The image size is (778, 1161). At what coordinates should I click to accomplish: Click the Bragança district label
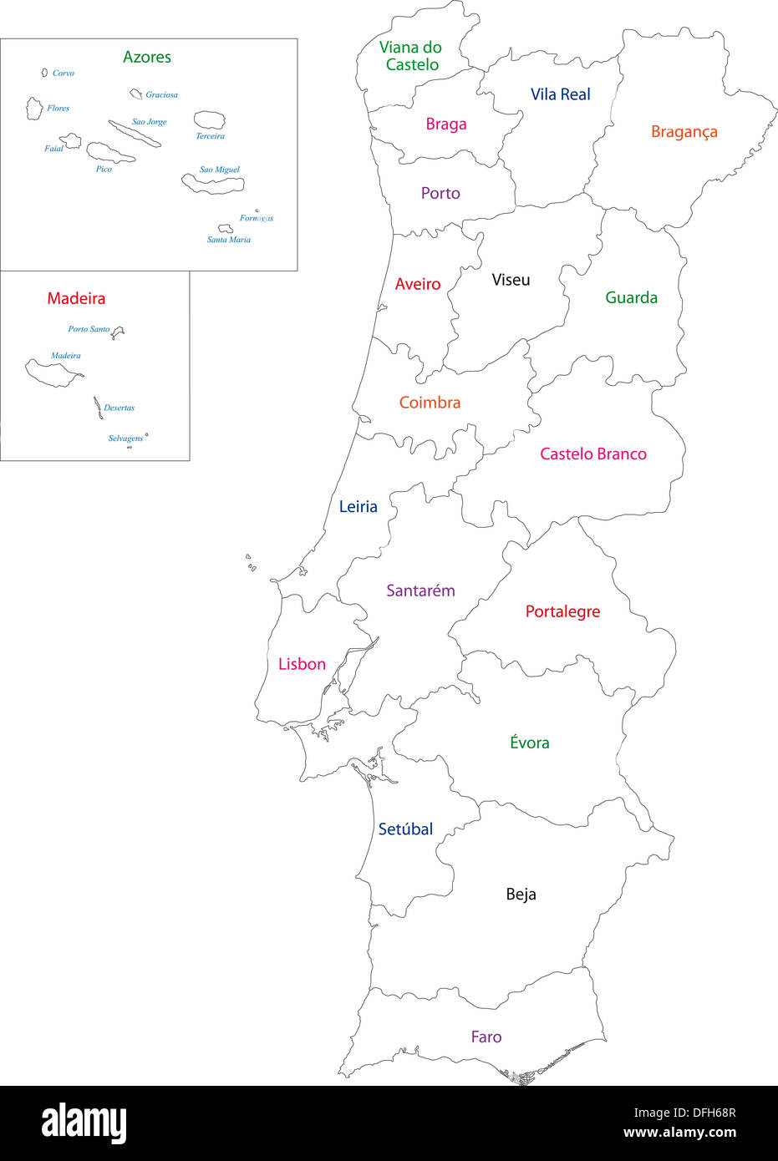tap(684, 132)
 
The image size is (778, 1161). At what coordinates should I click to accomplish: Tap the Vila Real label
tap(560, 95)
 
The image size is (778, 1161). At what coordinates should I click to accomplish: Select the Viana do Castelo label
tap(410, 56)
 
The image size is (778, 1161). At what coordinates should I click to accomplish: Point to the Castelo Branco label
tap(592, 454)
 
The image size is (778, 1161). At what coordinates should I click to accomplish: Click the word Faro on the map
tap(486, 1037)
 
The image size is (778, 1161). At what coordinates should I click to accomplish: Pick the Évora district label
tap(529, 743)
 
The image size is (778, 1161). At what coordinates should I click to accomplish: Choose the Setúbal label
tap(405, 829)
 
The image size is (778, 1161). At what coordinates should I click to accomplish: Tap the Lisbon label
tap(302, 664)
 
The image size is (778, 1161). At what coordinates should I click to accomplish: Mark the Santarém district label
tap(420, 591)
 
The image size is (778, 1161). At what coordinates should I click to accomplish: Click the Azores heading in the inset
tap(147, 57)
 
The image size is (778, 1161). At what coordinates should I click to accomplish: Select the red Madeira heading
tap(76, 298)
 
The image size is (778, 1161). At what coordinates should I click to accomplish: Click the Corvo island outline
tap(45, 73)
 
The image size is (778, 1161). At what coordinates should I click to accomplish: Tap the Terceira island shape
tap(209, 120)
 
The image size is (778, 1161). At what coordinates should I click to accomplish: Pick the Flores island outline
tap(34, 108)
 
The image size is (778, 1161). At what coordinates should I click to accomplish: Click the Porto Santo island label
tap(89, 329)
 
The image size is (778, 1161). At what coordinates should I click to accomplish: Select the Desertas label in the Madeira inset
tap(119, 408)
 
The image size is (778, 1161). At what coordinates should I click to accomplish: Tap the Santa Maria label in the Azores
tap(228, 240)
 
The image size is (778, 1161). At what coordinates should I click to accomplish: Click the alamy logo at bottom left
tap(84, 1123)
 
